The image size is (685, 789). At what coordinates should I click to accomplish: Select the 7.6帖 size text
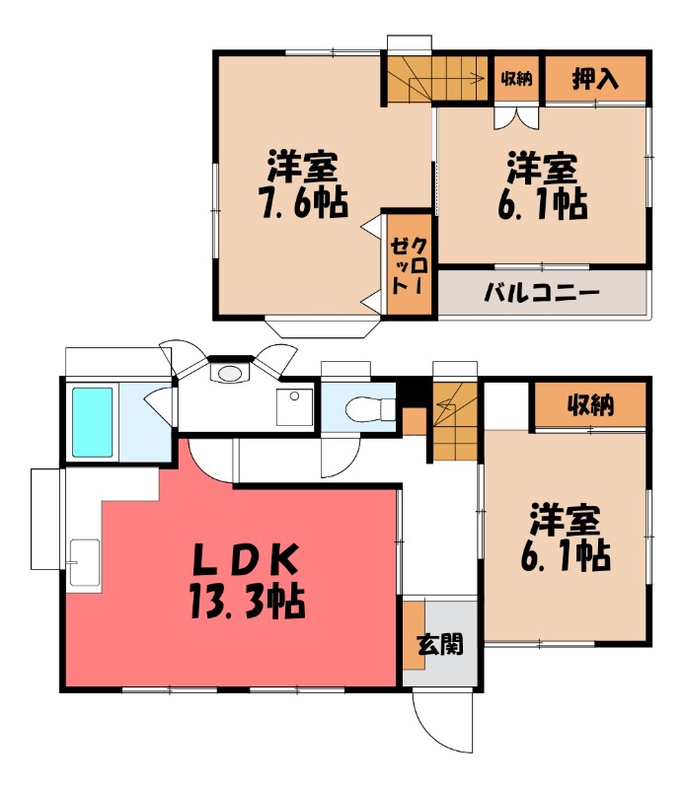(304, 202)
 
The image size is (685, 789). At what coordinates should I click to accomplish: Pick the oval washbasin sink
(231, 373)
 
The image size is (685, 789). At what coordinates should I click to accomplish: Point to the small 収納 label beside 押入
(516, 79)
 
